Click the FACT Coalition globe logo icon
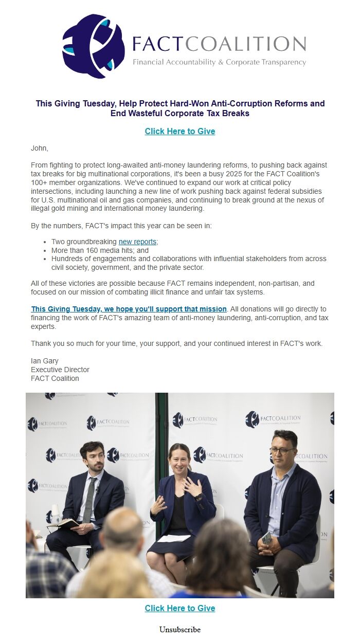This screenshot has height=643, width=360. coord(93,46)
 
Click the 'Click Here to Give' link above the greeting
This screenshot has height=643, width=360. coord(180,131)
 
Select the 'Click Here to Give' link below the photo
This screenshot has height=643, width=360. coord(180,608)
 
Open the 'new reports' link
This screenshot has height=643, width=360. coord(137,242)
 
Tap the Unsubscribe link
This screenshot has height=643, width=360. coord(180,630)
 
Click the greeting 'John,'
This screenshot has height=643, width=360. coord(40,149)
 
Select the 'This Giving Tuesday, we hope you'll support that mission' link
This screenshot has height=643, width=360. coord(129,309)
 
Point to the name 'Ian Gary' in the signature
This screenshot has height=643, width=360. coord(44,361)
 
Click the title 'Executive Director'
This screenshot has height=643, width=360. coord(60,370)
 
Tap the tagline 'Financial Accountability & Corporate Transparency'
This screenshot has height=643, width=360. coord(219,62)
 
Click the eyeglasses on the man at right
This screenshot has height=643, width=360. coord(282,451)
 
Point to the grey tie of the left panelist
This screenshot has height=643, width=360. coord(89,499)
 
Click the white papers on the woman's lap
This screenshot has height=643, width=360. coord(174,538)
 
